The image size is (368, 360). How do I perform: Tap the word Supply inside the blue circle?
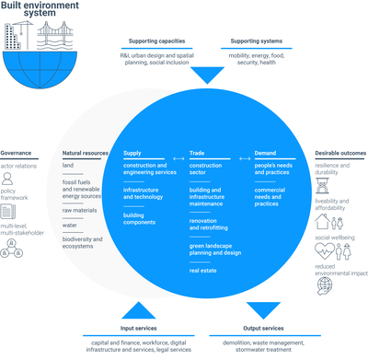click(x=133, y=152)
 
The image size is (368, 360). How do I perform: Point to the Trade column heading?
click(x=197, y=152)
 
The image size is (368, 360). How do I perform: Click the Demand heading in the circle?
click(x=266, y=152)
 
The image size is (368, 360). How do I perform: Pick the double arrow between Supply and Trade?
click(x=166, y=152)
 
